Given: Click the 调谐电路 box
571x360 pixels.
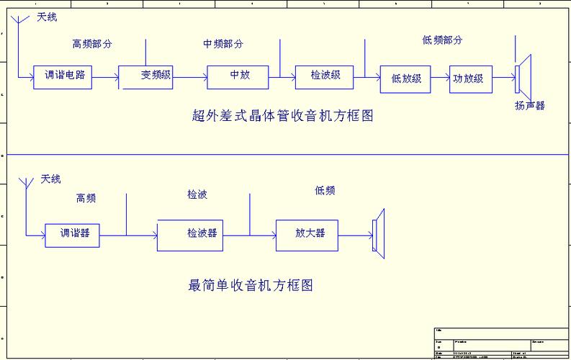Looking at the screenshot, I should click(63, 77).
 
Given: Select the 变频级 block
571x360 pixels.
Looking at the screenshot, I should click(146, 77).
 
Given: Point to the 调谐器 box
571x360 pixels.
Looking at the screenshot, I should click(72, 235).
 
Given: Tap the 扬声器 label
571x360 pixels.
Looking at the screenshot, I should click(529, 106).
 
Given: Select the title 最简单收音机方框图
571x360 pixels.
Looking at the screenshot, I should click(251, 286).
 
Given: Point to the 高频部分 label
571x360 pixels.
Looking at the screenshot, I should click(92, 44).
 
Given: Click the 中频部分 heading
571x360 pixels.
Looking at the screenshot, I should click(223, 44).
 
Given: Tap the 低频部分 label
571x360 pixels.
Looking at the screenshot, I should click(442, 40).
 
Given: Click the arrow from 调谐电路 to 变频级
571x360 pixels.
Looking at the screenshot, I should click(106, 77).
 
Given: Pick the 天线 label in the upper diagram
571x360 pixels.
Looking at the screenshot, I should click(47, 17).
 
